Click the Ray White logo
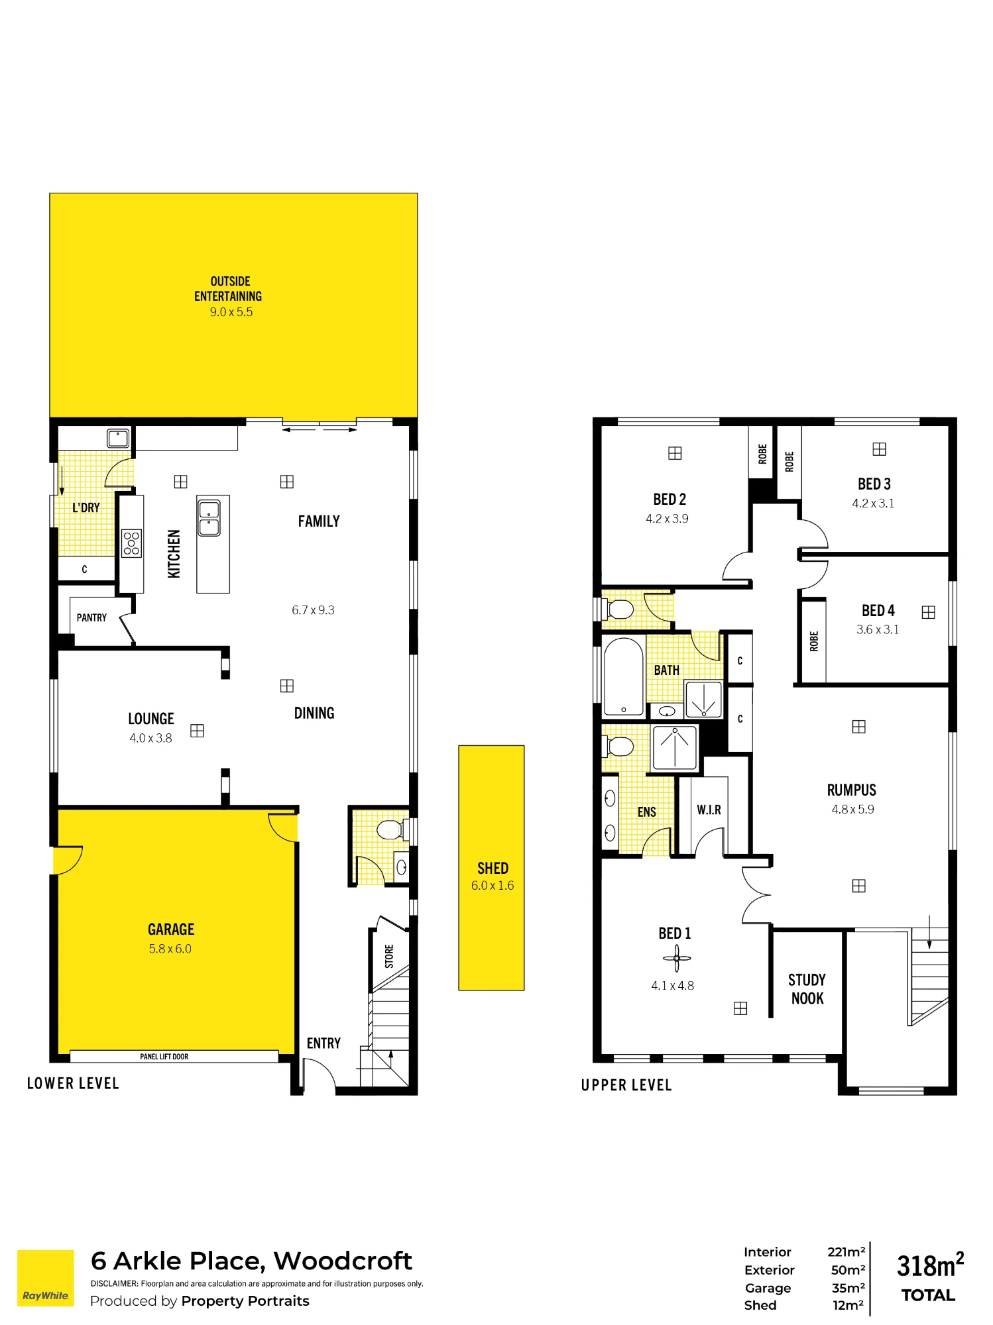tap(45, 1278)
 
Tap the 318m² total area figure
tap(930, 1265)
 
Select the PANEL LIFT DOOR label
tap(164, 1057)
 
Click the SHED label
tap(493, 868)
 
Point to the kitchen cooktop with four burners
tap(131, 543)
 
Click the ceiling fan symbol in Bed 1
tap(676, 958)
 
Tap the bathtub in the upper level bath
tap(624, 676)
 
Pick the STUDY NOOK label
tap(807, 989)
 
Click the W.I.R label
tap(709, 810)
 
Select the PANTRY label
tap(91, 617)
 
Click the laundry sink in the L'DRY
tap(118, 438)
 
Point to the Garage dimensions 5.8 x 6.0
tap(170, 949)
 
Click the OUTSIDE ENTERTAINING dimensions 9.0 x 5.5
tap(231, 312)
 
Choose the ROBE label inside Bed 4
tap(814, 641)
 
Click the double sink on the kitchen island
tap(209, 519)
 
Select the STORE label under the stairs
tap(389, 957)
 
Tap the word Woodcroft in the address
tap(343, 1261)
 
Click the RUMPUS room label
tap(852, 790)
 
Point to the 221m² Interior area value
tap(847, 1251)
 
